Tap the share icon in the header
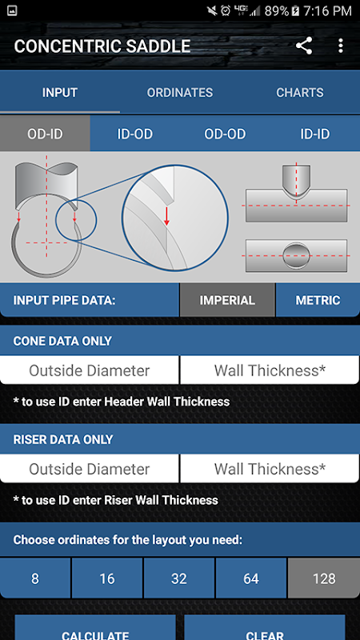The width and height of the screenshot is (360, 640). click(x=304, y=46)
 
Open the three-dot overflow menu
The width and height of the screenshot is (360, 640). click(x=341, y=46)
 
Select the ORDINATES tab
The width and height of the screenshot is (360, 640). click(x=180, y=93)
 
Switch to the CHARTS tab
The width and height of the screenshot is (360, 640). click(x=300, y=93)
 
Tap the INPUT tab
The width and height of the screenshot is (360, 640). click(x=60, y=93)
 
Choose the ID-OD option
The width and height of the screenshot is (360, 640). click(x=135, y=134)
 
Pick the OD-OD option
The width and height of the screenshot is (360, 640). click(x=225, y=134)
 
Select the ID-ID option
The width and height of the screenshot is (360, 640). click(x=315, y=134)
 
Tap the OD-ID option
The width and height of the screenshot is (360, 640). click(x=45, y=134)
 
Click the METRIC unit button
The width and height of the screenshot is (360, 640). click(x=318, y=301)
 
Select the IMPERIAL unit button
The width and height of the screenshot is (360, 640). click(x=227, y=301)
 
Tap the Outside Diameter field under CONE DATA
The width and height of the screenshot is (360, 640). click(x=90, y=370)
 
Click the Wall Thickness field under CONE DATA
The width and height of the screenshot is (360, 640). click(x=270, y=370)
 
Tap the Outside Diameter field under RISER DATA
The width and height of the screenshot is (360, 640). click(x=90, y=469)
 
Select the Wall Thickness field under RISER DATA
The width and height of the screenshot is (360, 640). click(x=270, y=469)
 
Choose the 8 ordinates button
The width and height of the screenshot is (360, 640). click(x=35, y=578)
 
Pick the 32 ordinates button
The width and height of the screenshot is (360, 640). click(x=179, y=578)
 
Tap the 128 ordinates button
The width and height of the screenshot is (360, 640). click(x=324, y=578)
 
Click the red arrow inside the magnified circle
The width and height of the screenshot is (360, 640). click(x=166, y=216)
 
